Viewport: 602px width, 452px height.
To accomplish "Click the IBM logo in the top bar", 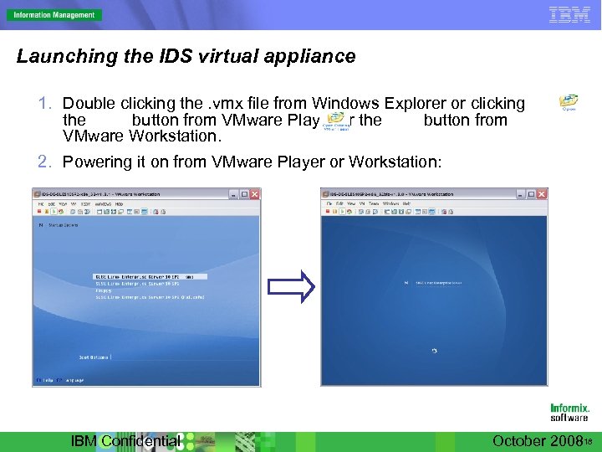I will point(569,14).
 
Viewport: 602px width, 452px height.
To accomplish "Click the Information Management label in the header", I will point(53,14).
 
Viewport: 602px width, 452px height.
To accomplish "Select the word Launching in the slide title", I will point(56,57).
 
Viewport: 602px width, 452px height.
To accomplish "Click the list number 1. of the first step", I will point(47,104).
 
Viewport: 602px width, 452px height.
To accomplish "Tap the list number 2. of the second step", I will point(47,162).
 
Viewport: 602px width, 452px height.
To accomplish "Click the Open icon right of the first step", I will point(569,102).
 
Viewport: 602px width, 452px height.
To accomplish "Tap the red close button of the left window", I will point(254,194).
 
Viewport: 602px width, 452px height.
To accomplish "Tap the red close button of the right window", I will point(543,193).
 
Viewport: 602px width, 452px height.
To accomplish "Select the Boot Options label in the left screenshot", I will point(94,357).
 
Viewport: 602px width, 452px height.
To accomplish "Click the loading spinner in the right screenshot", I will point(433,351).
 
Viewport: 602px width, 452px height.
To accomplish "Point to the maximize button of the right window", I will point(533,193).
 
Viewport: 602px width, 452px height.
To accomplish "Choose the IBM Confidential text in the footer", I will point(125,441).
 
